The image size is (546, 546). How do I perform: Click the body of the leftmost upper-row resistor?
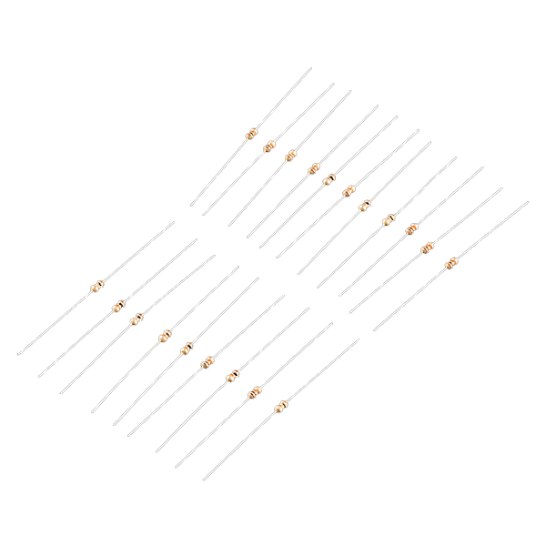[x=251, y=135]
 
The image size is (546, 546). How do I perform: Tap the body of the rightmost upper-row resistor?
[x=450, y=264]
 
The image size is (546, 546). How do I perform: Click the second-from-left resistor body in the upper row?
[x=269, y=147]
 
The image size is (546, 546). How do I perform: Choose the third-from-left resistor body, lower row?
[x=137, y=318]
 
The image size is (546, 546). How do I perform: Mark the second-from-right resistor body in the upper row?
[x=427, y=247]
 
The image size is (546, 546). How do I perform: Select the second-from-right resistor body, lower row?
[x=255, y=393]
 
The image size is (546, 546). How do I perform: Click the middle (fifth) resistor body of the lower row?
[x=186, y=348]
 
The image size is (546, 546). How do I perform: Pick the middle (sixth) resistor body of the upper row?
[x=349, y=191]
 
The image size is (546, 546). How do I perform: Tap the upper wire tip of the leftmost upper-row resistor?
[x=310, y=68]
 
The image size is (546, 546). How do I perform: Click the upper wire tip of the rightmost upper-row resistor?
[x=528, y=202]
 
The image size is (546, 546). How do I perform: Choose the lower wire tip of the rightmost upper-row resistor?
[x=374, y=329]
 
